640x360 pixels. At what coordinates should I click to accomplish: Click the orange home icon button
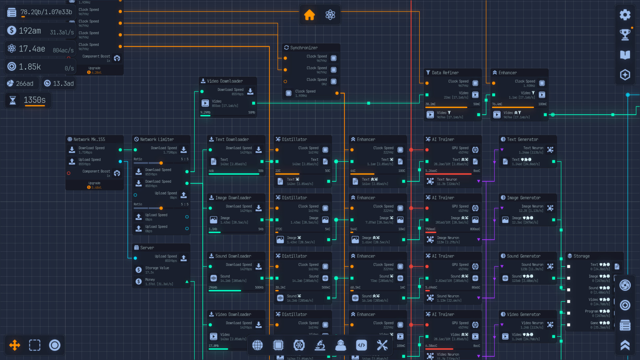click(309, 15)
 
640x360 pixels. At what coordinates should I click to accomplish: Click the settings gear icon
click(625, 15)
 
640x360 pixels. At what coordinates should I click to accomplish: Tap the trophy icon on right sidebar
click(625, 34)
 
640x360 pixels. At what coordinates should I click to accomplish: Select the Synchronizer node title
click(304, 48)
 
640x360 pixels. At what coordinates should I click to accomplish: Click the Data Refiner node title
click(445, 73)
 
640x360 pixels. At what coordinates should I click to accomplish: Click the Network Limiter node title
click(157, 139)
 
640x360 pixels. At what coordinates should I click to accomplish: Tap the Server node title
click(147, 248)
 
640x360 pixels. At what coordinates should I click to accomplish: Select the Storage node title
click(581, 256)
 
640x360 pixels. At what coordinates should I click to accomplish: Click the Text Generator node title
click(522, 139)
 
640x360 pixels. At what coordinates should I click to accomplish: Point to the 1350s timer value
click(35, 100)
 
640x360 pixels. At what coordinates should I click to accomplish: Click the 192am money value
click(30, 31)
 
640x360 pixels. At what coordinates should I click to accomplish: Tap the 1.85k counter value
click(30, 67)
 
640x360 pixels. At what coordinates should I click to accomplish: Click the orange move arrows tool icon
click(15, 345)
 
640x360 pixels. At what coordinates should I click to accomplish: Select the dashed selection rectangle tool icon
click(35, 345)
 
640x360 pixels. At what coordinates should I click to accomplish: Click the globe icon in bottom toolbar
click(257, 345)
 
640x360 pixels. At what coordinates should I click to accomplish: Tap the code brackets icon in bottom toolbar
click(361, 345)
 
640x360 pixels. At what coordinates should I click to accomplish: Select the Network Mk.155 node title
click(89, 139)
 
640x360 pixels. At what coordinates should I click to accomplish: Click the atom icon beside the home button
click(330, 15)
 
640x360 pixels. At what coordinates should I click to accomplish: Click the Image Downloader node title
click(233, 198)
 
